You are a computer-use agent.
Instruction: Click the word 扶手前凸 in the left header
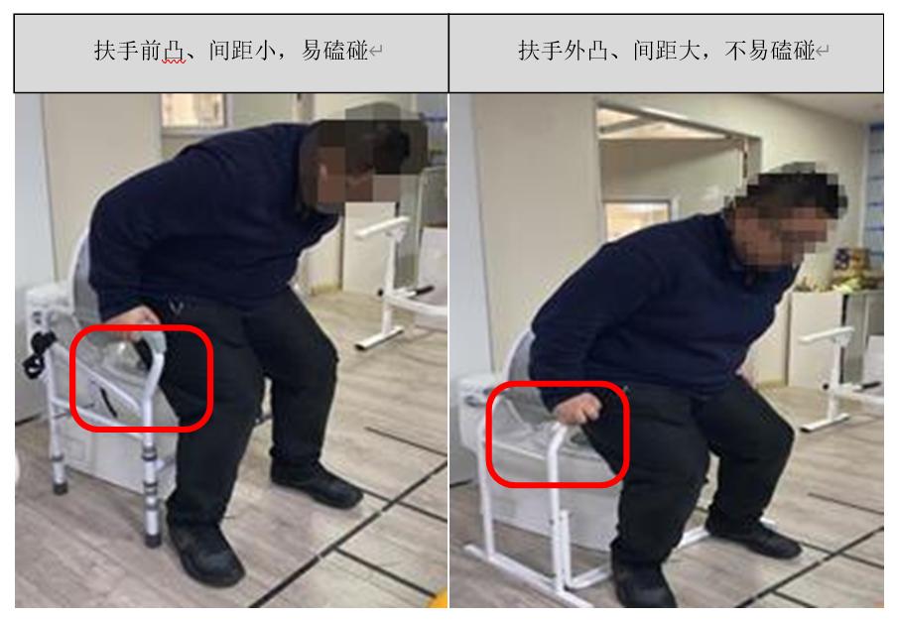coord(140,51)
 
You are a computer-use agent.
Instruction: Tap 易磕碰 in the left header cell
coord(334,51)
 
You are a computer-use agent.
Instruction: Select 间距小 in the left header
coord(242,51)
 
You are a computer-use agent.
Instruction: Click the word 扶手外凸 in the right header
coord(564,51)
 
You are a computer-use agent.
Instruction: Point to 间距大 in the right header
coord(667,51)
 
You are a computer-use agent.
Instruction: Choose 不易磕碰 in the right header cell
coord(770,51)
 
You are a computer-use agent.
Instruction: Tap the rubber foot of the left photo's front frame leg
coord(153,538)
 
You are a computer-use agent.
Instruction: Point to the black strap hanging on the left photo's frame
coord(38,353)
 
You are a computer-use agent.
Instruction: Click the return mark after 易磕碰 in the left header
coord(376,52)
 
